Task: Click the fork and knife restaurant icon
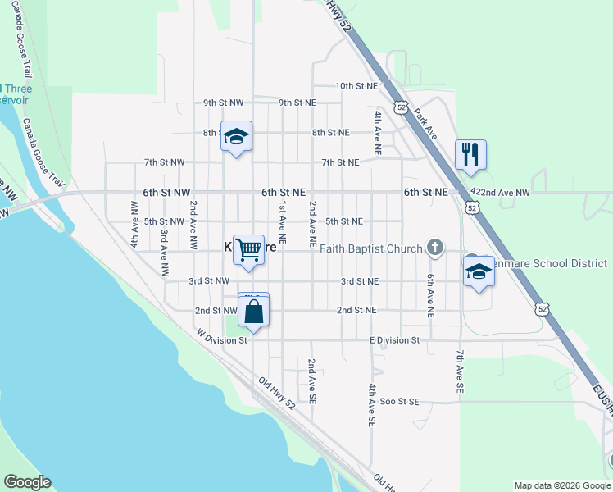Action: (x=470, y=155)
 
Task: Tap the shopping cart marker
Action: (x=249, y=249)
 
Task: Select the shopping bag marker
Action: (x=254, y=312)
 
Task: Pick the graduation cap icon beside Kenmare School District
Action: (x=479, y=271)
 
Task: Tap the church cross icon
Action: (x=436, y=247)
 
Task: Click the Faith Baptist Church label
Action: (x=371, y=248)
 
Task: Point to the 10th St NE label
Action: (x=356, y=85)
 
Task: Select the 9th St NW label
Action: (x=224, y=102)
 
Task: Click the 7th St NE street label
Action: (x=340, y=162)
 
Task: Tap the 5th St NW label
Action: (x=164, y=221)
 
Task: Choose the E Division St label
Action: (x=394, y=339)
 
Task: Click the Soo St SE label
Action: (x=399, y=401)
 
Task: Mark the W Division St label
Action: (x=220, y=338)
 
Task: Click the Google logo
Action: (x=27, y=482)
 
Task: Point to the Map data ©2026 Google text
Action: (x=561, y=485)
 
